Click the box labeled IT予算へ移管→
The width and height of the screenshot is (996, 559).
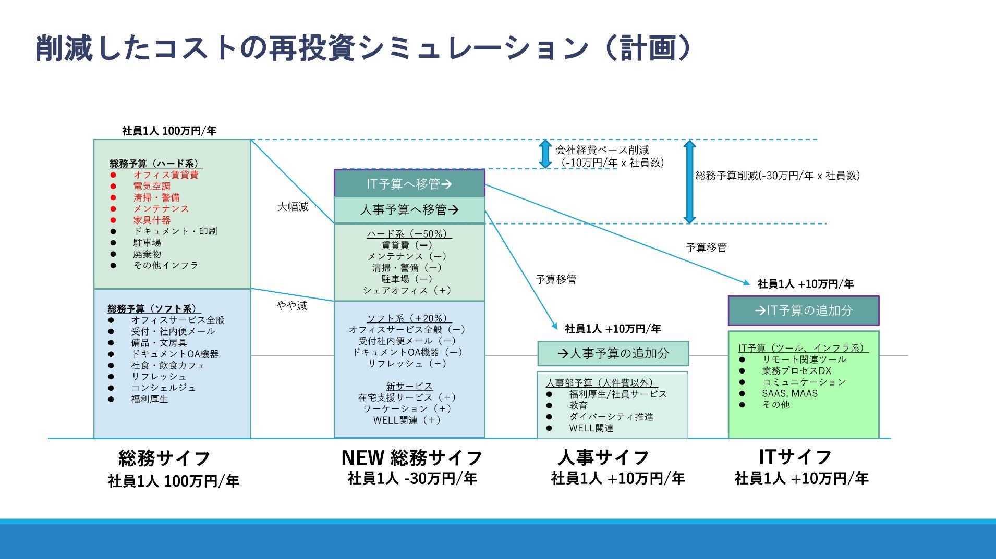[x=409, y=184]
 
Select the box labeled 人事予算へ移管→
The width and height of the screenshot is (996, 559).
[x=409, y=210]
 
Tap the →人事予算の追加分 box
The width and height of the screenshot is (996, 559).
[x=613, y=354]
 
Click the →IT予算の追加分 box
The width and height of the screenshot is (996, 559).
[x=803, y=310]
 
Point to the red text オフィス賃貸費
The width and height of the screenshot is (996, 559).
[x=166, y=175]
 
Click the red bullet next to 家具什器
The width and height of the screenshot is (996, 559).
[x=113, y=220]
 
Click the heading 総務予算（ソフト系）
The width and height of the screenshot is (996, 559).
[x=154, y=309]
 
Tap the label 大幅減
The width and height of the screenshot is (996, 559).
[x=293, y=207]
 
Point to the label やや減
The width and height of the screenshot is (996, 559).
[x=292, y=306]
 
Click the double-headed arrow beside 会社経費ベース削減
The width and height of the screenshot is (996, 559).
[x=545, y=154]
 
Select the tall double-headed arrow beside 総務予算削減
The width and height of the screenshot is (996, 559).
[x=689, y=181]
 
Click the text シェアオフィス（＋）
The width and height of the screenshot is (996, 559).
[x=408, y=291]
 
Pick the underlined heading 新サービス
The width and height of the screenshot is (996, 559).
[x=409, y=386]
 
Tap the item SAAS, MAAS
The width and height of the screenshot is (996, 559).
[x=789, y=394]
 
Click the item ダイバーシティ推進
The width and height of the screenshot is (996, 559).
[x=611, y=417]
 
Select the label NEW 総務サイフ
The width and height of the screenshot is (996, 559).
[x=412, y=458]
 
